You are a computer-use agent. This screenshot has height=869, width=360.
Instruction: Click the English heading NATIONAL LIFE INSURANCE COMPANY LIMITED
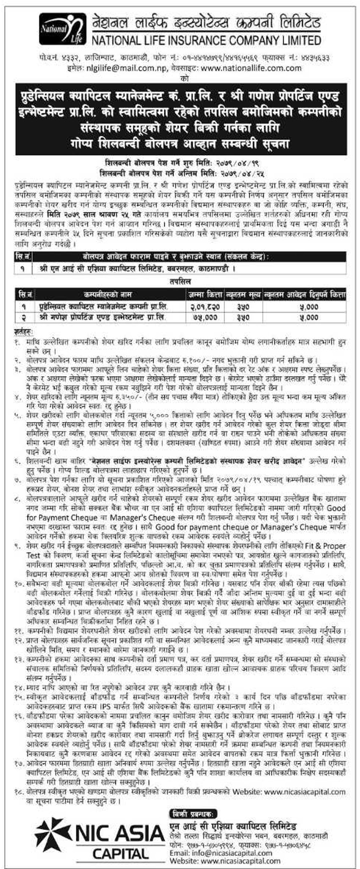[x=205, y=40]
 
